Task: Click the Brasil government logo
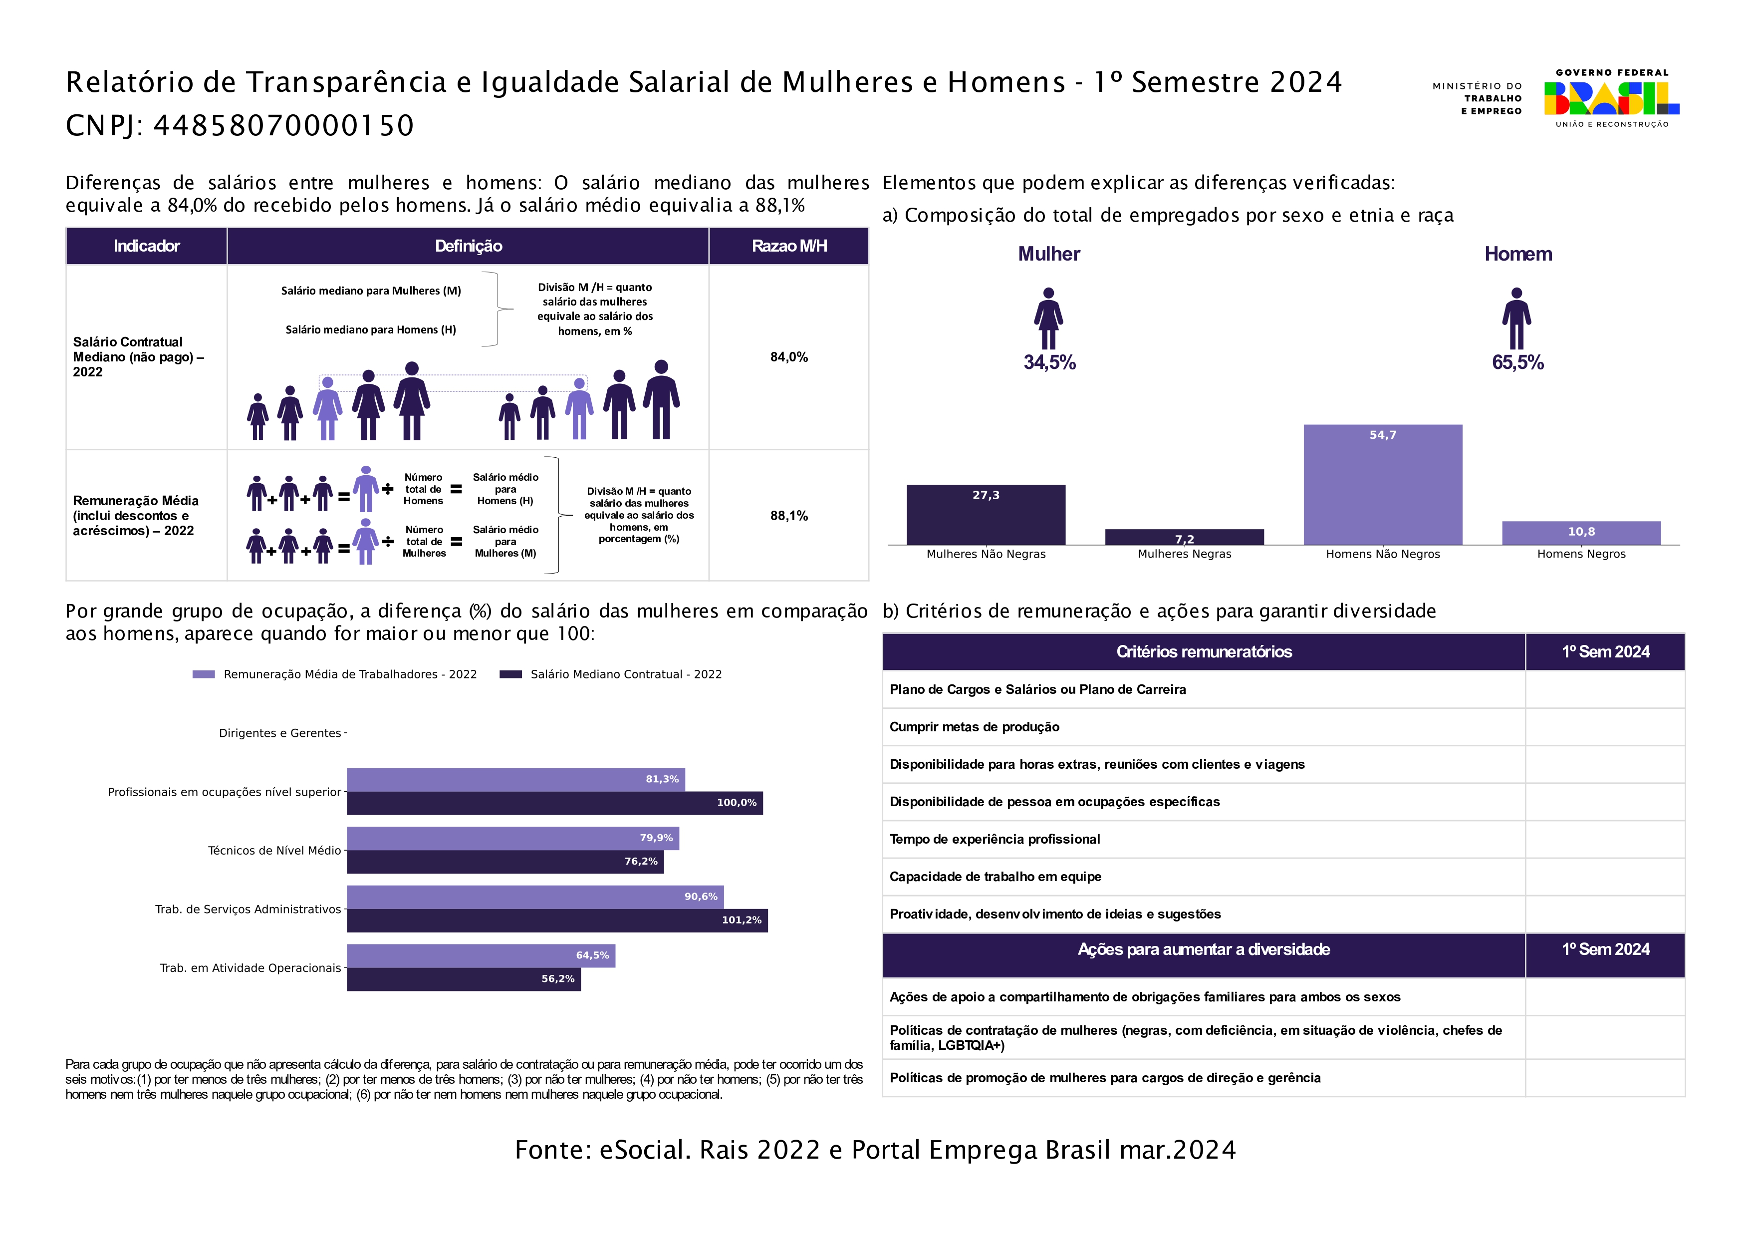pos(1611,98)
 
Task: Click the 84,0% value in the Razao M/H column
pos(788,357)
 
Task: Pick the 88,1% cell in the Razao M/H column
pos(788,516)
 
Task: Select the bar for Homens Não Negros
pos(1383,485)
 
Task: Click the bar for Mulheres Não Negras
pos(986,515)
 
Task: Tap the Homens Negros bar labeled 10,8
pos(1581,533)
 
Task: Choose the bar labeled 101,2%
pos(557,921)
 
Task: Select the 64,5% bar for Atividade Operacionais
pos(481,956)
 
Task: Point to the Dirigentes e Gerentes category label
pos(280,733)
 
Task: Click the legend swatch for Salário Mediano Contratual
pos(510,674)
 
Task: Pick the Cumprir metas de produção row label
pos(974,727)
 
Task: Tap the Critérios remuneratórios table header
pos(1204,652)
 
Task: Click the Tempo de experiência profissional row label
pos(995,839)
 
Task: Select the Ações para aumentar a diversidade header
pos(1204,949)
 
